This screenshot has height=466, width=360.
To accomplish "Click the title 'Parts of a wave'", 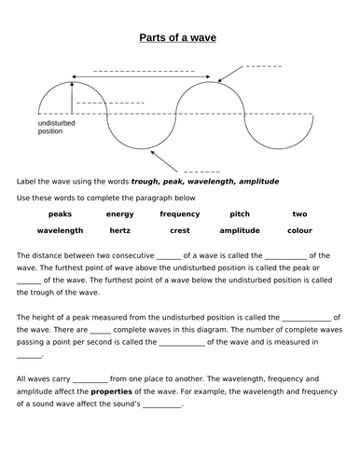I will pos(177,37).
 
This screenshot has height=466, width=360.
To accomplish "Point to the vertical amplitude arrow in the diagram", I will pos(71,99).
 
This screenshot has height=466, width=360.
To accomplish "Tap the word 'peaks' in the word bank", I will pos(61,213).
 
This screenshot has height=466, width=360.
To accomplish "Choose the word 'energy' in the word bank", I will pos(119,213).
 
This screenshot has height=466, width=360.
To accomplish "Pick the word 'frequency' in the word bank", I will pos(179,213).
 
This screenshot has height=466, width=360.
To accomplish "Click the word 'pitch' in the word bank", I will pos(240,213).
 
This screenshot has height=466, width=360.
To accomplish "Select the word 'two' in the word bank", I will pos(299,213).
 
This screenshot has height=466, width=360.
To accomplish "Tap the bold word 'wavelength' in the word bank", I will pos(61,230).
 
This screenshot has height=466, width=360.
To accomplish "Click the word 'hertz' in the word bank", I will pos(119,230).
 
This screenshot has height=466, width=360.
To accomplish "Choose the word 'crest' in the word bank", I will pos(179,230).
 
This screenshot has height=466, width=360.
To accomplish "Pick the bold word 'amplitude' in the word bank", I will pos(240,230).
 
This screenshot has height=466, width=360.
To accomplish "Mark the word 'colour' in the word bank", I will pos(299,230).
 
